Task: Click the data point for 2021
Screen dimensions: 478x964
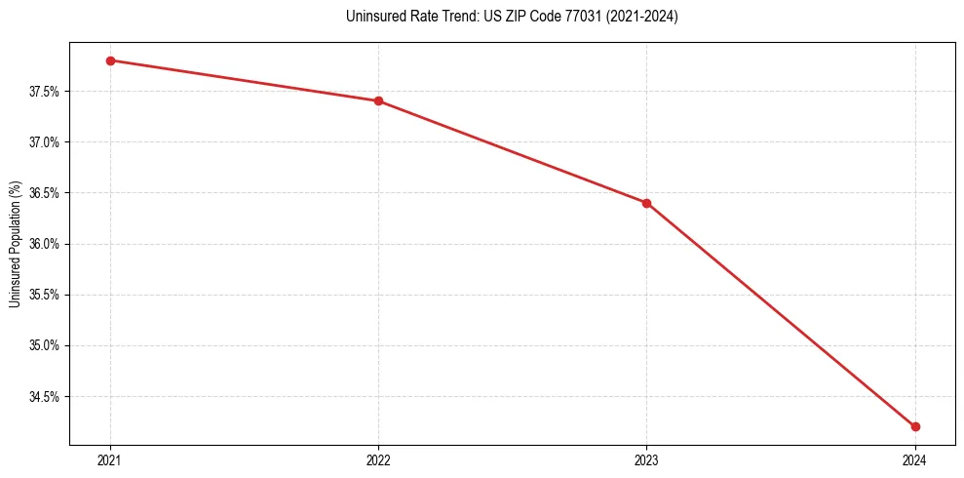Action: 110,60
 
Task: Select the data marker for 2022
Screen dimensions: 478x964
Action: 378,100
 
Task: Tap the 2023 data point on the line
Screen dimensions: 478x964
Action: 646,203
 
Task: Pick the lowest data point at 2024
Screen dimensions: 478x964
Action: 915,426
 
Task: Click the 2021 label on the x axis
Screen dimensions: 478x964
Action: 110,458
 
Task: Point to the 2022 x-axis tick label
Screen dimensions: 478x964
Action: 378,458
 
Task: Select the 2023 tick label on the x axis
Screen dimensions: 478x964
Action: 646,458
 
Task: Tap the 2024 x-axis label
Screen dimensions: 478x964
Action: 915,458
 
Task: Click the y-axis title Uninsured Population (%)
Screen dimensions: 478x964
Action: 16,243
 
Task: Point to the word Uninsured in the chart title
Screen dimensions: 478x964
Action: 371,17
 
